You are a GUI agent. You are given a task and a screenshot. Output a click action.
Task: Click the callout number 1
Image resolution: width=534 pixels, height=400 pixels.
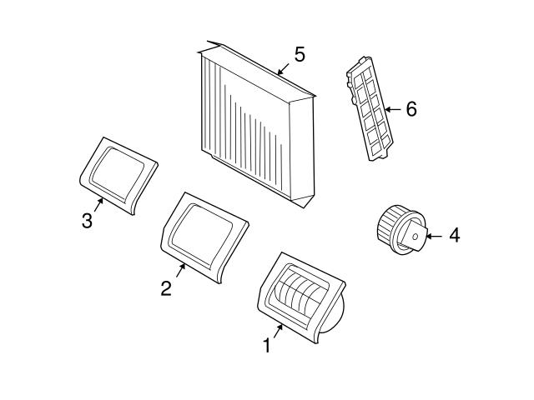(x=267, y=346)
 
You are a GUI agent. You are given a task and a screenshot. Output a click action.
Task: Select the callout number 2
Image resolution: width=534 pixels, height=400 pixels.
(x=166, y=288)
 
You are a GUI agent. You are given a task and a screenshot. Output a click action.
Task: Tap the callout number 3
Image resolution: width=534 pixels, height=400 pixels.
(x=87, y=220)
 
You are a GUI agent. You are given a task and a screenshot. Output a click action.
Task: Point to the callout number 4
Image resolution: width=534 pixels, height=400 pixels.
(x=455, y=235)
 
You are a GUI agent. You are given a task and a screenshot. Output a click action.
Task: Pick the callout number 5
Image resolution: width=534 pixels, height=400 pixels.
(x=300, y=54)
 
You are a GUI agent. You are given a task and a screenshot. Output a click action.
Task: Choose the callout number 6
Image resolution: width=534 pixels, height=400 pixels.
(x=411, y=109)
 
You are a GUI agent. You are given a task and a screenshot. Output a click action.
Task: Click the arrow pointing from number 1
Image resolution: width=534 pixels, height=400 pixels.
(x=278, y=332)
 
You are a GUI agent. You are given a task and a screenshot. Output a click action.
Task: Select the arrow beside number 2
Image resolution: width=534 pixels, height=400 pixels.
(x=180, y=270)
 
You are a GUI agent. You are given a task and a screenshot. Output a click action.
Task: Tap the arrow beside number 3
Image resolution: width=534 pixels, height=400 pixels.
(x=98, y=204)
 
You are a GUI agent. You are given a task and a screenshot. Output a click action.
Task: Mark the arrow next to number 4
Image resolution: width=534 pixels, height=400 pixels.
(x=434, y=236)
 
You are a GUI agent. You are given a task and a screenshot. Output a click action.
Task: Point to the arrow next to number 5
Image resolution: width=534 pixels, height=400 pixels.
(x=283, y=68)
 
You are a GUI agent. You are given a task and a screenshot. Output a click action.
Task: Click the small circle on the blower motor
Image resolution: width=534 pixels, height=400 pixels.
(x=416, y=236)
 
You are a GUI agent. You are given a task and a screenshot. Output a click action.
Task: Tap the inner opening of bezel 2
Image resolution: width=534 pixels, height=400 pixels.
(x=202, y=234)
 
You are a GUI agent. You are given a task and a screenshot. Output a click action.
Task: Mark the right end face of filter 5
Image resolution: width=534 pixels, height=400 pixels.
(x=301, y=150)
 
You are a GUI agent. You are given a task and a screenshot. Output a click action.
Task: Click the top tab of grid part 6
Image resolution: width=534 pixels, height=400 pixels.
(x=364, y=61)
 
